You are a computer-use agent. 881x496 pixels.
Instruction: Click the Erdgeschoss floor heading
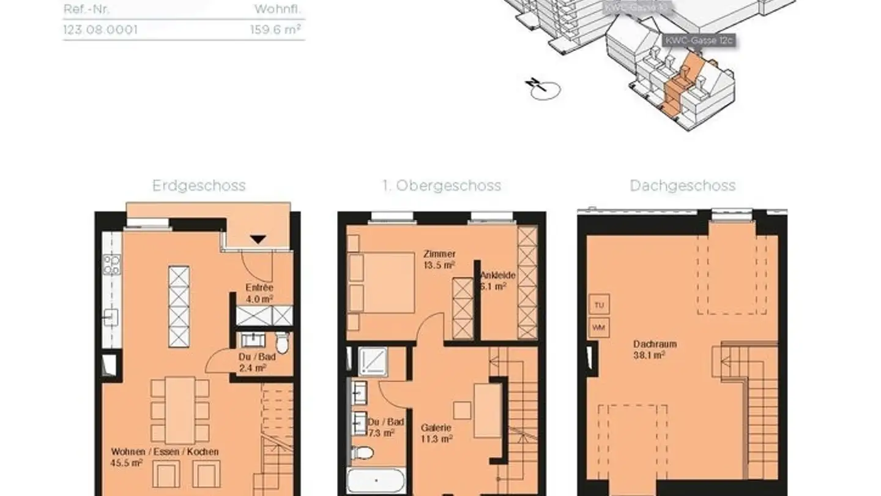tap(199, 186)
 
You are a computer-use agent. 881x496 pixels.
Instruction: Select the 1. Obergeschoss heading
tap(441, 186)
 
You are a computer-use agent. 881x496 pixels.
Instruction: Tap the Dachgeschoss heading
tap(682, 186)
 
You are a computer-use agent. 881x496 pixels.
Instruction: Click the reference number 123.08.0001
tap(100, 29)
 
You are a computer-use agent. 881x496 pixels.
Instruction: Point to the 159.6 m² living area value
tap(276, 29)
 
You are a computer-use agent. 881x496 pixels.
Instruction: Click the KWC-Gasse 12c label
tap(699, 40)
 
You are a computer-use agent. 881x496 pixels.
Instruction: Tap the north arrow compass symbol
tap(541, 89)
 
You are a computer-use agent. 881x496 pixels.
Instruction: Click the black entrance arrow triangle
tap(258, 239)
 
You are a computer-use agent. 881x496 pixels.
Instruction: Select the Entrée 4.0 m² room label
tap(259, 293)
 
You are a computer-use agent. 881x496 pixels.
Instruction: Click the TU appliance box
tap(599, 304)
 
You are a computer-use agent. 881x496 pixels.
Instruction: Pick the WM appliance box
tap(599, 328)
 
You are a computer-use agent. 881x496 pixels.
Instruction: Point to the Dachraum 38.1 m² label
tap(655, 349)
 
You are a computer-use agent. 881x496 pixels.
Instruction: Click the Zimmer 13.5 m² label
tap(439, 259)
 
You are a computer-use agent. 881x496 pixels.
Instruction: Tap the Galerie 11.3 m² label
tap(437, 433)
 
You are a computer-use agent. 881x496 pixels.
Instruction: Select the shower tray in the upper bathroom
tap(372, 361)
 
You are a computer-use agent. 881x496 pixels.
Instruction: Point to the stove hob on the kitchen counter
tap(111, 265)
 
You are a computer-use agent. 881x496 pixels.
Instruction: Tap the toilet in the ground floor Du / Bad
tap(282, 342)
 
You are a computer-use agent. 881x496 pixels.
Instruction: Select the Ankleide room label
tap(497, 280)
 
